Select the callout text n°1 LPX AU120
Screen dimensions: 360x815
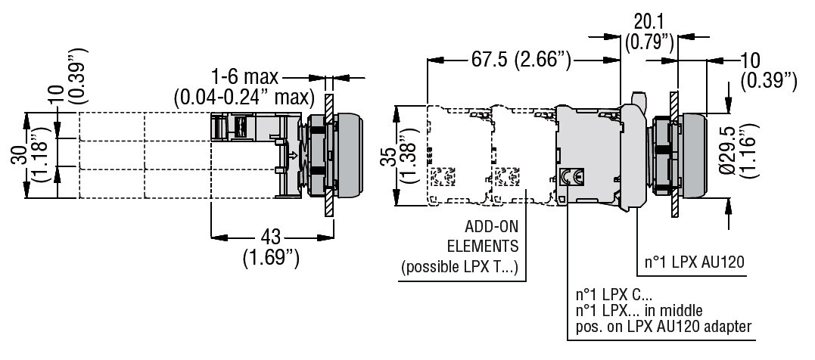(695, 262)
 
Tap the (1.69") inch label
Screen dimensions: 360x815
(271, 257)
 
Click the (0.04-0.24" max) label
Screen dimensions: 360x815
(244, 96)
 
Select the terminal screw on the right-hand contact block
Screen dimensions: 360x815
(575, 177)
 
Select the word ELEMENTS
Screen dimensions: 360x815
(483, 246)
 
